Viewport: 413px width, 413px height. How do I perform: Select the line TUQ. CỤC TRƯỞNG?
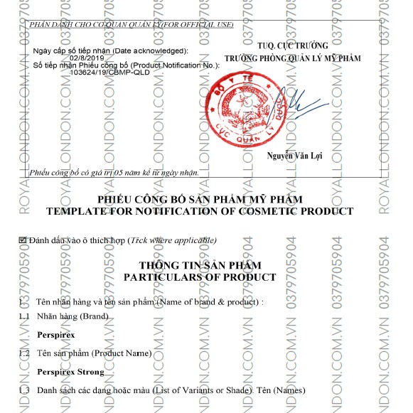click(x=292, y=45)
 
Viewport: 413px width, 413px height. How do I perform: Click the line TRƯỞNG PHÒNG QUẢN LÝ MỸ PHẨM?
click(x=292, y=58)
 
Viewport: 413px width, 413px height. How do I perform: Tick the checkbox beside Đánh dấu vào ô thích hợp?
click(x=22, y=240)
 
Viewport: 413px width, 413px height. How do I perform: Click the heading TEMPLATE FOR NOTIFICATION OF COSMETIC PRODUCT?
click(x=199, y=211)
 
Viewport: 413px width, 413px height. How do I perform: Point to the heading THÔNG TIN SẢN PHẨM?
click(x=199, y=264)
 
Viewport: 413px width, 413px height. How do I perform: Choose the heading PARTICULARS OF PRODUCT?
click(x=199, y=276)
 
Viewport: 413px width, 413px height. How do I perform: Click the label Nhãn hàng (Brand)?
click(x=73, y=315)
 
